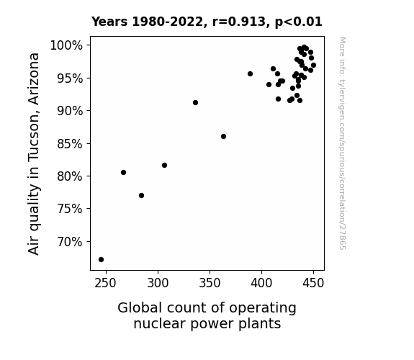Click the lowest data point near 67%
click(101, 260)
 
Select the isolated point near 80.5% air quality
click(123, 173)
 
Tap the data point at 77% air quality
click(141, 195)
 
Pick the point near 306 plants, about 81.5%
click(164, 166)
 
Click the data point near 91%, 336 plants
click(195, 102)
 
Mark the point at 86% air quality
click(223, 137)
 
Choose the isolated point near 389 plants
click(250, 73)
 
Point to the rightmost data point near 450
click(313, 66)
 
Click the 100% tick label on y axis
click(66, 45)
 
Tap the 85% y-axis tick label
click(70, 144)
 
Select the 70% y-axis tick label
click(70, 242)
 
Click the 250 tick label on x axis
click(106, 283)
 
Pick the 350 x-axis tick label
click(210, 283)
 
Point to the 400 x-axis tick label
click(261, 283)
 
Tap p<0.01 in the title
click(299, 22)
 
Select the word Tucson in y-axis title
click(34, 135)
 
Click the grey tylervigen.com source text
click(342, 143)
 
